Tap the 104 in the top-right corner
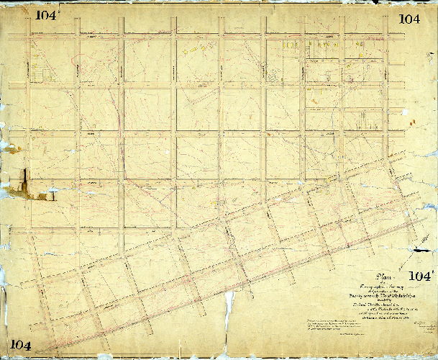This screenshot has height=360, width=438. coord(409,19)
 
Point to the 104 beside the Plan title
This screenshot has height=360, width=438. coord(422,276)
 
